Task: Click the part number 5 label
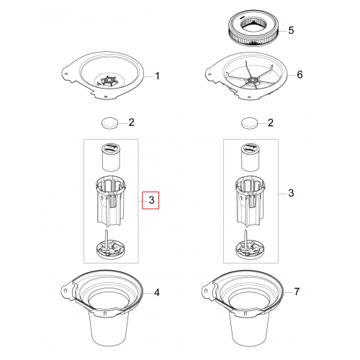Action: pos(291,30)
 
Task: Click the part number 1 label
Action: pos(157,76)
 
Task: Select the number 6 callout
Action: pos(300,75)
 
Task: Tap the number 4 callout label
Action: pos(156,292)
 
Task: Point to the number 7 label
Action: pos(297,292)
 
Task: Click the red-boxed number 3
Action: pos(151,200)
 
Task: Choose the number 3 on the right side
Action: pos(291,193)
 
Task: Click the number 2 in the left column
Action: pos(131,122)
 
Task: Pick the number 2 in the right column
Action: pos(271,122)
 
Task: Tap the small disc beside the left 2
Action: pos(110,123)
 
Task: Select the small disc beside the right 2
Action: pos(249,123)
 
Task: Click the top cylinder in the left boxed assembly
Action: pos(111,157)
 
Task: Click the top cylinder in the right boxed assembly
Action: pos(250,157)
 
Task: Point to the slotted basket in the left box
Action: pos(111,201)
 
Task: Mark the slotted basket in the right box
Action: pos(250,201)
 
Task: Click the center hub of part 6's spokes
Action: pos(253,80)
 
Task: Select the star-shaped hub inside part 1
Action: pos(109,81)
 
